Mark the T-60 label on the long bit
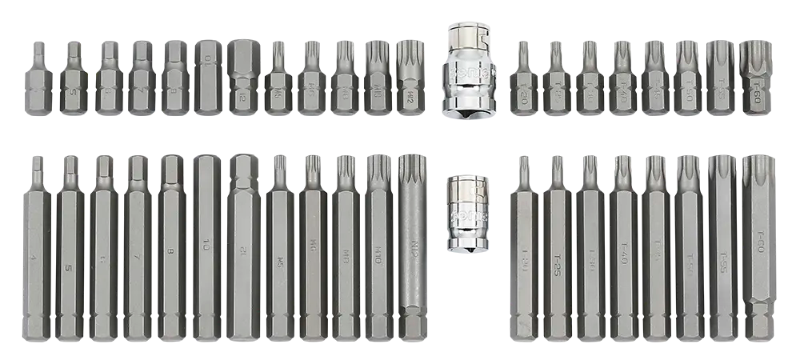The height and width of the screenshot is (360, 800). [x=761, y=238]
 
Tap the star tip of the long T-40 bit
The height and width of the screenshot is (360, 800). [x=622, y=166]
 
